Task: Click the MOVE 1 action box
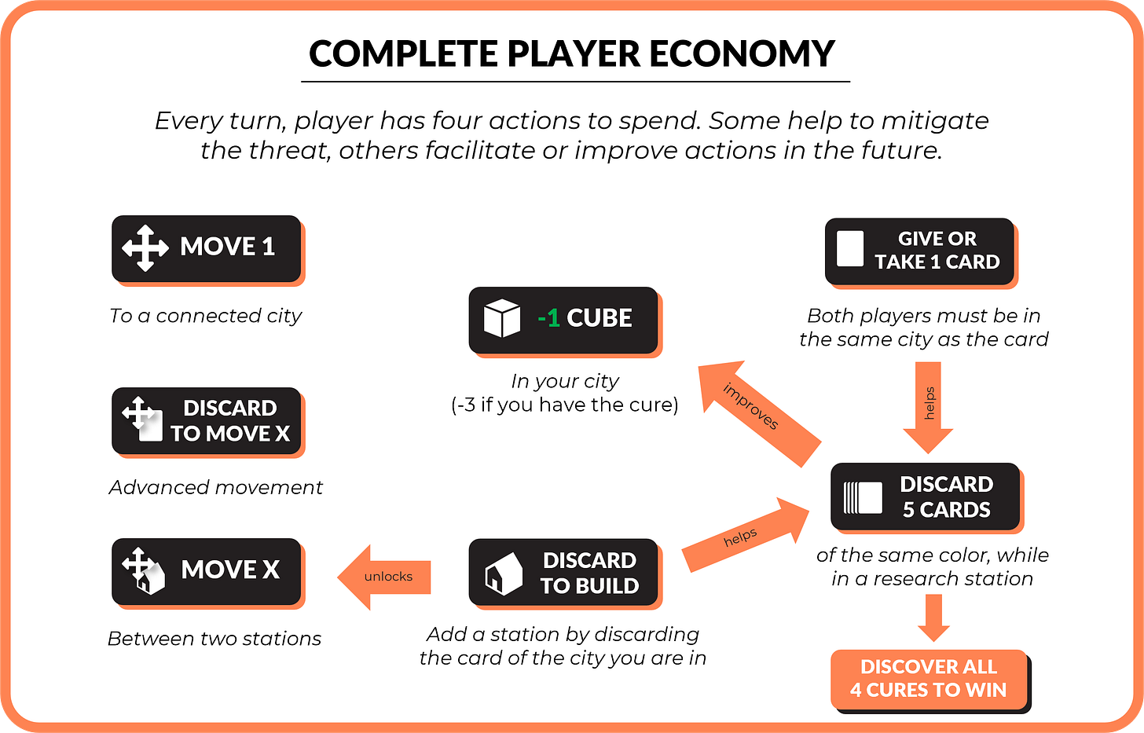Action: (207, 248)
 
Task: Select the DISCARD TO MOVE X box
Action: (207, 420)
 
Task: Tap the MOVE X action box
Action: (207, 571)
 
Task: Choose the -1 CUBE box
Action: (563, 320)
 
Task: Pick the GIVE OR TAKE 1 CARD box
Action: (919, 251)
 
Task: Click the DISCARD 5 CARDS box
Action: (925, 497)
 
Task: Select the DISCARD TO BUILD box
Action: (563, 572)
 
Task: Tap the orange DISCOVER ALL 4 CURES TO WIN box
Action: (929, 679)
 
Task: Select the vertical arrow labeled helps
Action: (928, 405)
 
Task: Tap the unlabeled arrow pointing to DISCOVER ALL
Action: (933, 617)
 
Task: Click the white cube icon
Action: (502, 319)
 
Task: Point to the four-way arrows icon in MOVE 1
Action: (145, 248)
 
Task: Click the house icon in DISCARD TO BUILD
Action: (504, 573)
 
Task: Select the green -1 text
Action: (548, 318)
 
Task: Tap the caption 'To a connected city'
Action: (206, 316)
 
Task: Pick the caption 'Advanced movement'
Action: (216, 488)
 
